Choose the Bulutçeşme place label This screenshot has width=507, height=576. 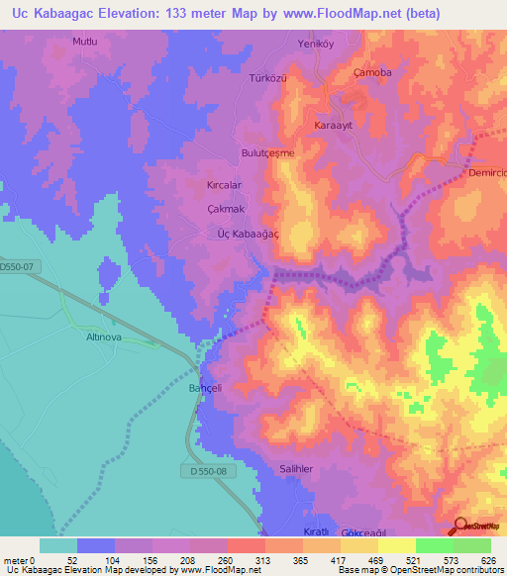pyautogui.click(x=268, y=153)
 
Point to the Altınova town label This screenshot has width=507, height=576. pyautogui.click(x=96, y=336)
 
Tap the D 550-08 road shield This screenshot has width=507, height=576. pyautogui.click(x=209, y=472)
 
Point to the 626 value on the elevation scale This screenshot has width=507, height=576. pyautogui.click(x=489, y=561)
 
